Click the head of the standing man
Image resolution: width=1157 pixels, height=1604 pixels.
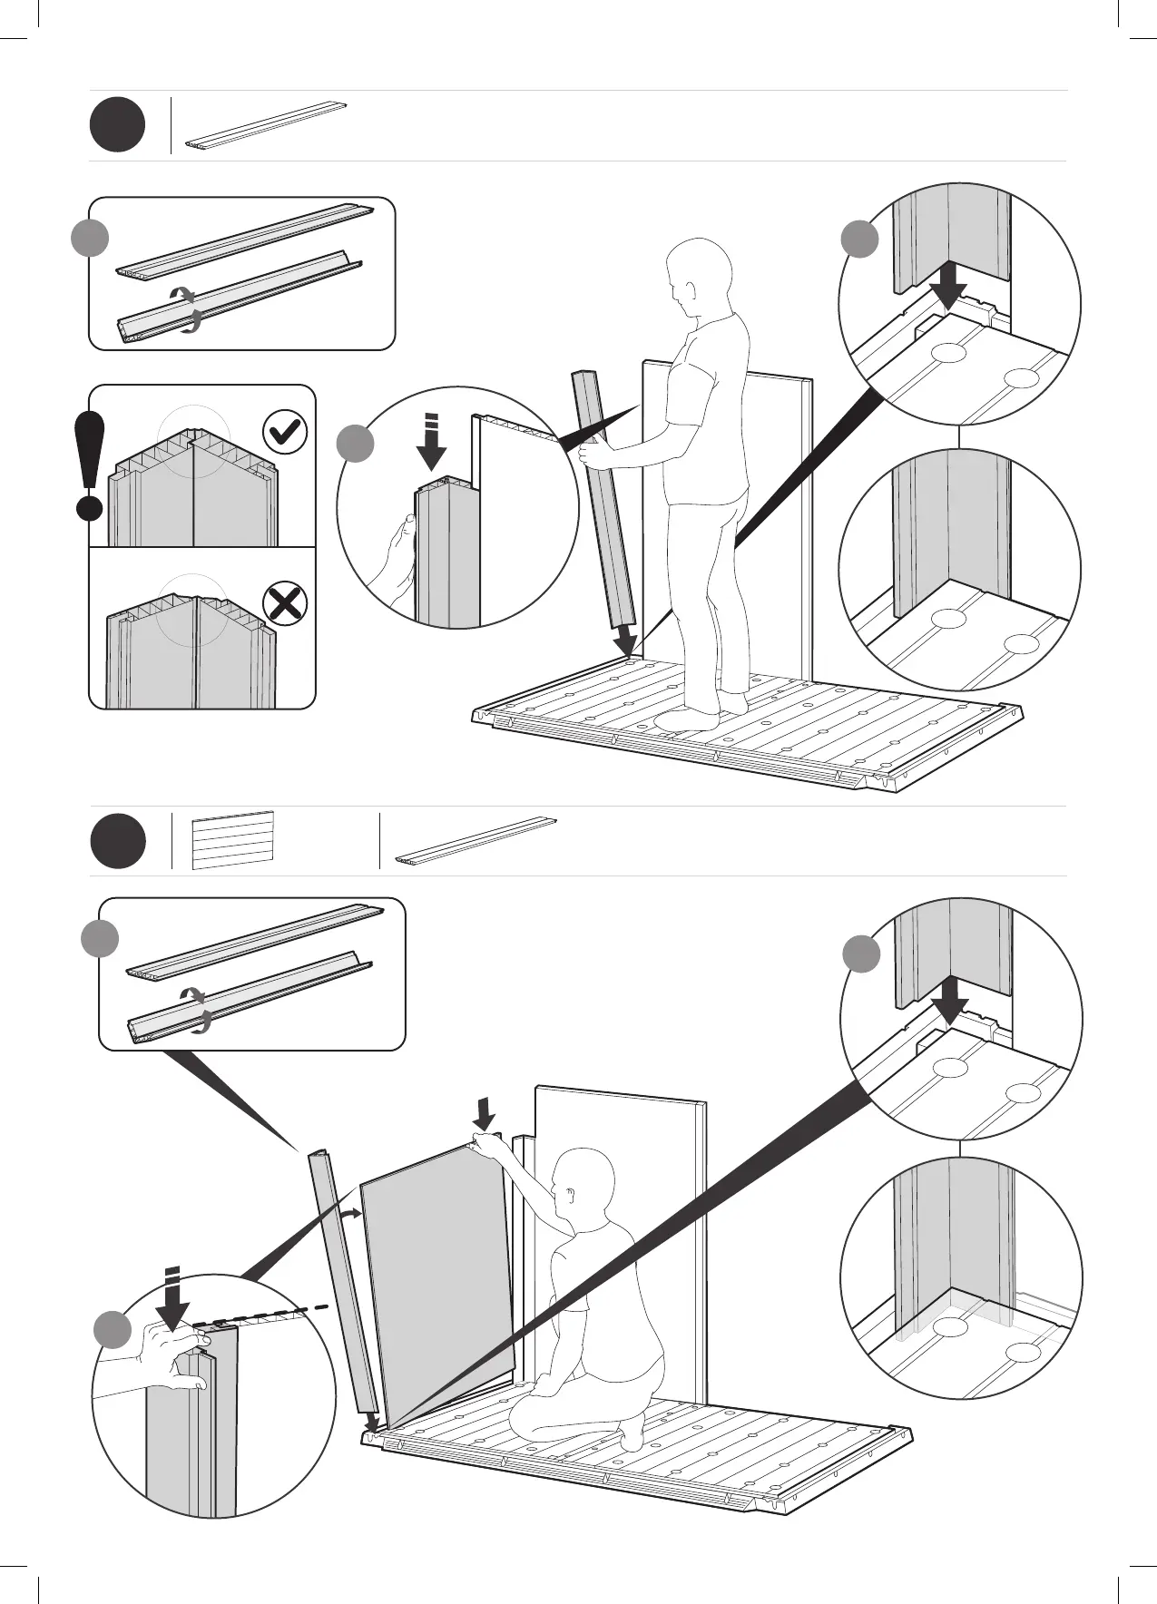[698, 273]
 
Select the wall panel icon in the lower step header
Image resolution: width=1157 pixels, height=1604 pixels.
[233, 840]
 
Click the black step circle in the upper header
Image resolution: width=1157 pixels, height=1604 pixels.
[117, 125]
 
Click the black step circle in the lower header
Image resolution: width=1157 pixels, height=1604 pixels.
[117, 841]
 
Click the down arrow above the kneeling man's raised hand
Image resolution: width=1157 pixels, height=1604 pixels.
[485, 1113]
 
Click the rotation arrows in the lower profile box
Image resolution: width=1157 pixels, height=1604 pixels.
[195, 1009]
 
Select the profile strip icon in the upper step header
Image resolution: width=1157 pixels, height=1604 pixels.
[268, 124]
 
